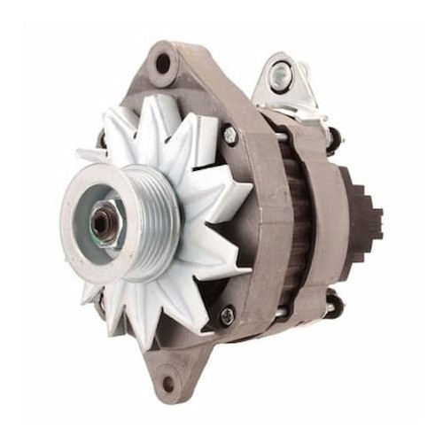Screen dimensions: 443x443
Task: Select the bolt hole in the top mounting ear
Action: click(x=163, y=63)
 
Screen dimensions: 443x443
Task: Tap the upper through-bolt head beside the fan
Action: click(x=229, y=135)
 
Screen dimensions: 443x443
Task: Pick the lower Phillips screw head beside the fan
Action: click(x=227, y=315)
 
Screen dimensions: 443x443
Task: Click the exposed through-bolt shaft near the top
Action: click(x=282, y=136)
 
